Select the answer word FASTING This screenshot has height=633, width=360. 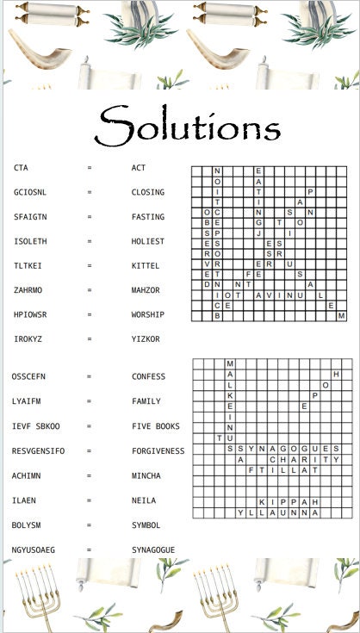148,217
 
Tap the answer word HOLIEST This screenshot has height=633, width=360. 148,241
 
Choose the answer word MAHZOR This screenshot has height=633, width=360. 146,290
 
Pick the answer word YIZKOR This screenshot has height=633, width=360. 146,339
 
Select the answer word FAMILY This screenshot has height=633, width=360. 146,401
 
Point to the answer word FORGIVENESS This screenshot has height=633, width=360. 158,450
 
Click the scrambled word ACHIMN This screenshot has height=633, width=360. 28,475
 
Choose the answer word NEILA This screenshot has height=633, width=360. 144,500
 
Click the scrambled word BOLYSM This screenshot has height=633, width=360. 28,524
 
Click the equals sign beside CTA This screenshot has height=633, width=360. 90,168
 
